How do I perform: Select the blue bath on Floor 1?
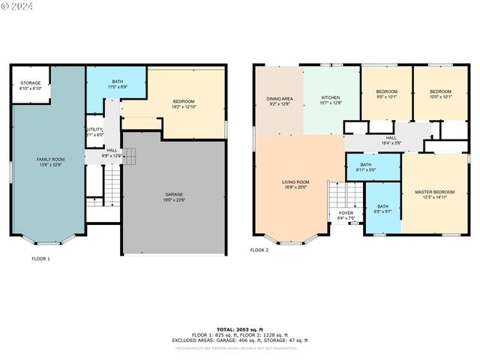tap(117, 85)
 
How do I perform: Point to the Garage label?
tap(174, 197)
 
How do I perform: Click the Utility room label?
tap(94, 132)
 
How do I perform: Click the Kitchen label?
tap(331, 100)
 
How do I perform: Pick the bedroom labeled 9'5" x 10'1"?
tap(386, 94)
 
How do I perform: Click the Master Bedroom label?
tap(434, 195)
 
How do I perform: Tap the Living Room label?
tap(295, 184)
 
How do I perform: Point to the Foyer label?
tap(346, 215)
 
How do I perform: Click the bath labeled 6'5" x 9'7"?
tap(382, 208)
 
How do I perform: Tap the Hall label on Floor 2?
tap(391, 140)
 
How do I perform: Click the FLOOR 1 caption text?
tap(40, 259)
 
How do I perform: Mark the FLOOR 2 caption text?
tap(259, 250)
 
